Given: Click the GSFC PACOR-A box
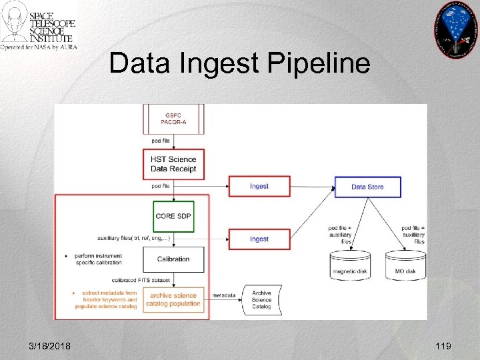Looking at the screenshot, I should [x=173, y=118].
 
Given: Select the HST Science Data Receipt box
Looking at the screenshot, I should [x=173, y=163].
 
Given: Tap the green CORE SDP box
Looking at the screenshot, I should [x=174, y=216].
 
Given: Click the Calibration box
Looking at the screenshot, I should [x=173, y=259].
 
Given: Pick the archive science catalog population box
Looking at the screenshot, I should [x=175, y=299].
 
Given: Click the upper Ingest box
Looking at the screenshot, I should [x=259, y=186].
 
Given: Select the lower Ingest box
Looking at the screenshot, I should [x=259, y=239].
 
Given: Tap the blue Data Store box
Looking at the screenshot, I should [x=367, y=187].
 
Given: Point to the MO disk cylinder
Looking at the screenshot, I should [x=405, y=265].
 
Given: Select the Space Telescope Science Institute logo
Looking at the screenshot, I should [x=39, y=26].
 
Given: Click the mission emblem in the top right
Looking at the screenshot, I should [x=456, y=29].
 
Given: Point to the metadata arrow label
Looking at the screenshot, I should [x=223, y=295].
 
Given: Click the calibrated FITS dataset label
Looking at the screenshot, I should [x=141, y=279].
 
